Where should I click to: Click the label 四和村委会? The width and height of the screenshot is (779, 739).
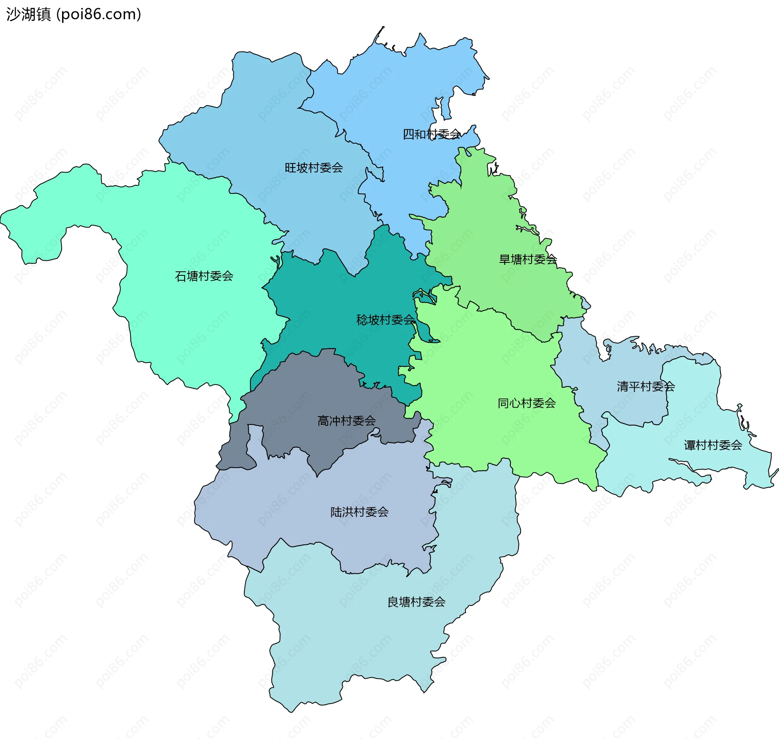coord(431,134)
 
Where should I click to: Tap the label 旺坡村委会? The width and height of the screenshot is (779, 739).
coord(314,168)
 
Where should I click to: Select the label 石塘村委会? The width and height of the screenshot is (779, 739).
coord(204,276)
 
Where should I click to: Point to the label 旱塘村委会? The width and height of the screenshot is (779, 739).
coord(528,260)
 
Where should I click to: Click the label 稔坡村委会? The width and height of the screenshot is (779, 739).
coord(385,320)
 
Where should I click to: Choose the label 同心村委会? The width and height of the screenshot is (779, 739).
coord(527,403)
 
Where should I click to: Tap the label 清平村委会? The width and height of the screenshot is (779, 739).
coord(646,387)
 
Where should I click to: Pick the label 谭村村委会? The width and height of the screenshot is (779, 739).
coord(713,445)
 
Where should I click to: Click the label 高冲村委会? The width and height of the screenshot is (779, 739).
coord(346,421)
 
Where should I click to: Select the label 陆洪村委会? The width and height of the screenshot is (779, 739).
coord(359,512)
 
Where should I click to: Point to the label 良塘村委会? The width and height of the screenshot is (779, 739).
coord(416,602)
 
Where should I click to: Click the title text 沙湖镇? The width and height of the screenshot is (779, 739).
coord(28,14)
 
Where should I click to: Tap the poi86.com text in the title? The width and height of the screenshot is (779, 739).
coord(99,14)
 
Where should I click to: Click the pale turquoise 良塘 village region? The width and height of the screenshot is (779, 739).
coord(365,641)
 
